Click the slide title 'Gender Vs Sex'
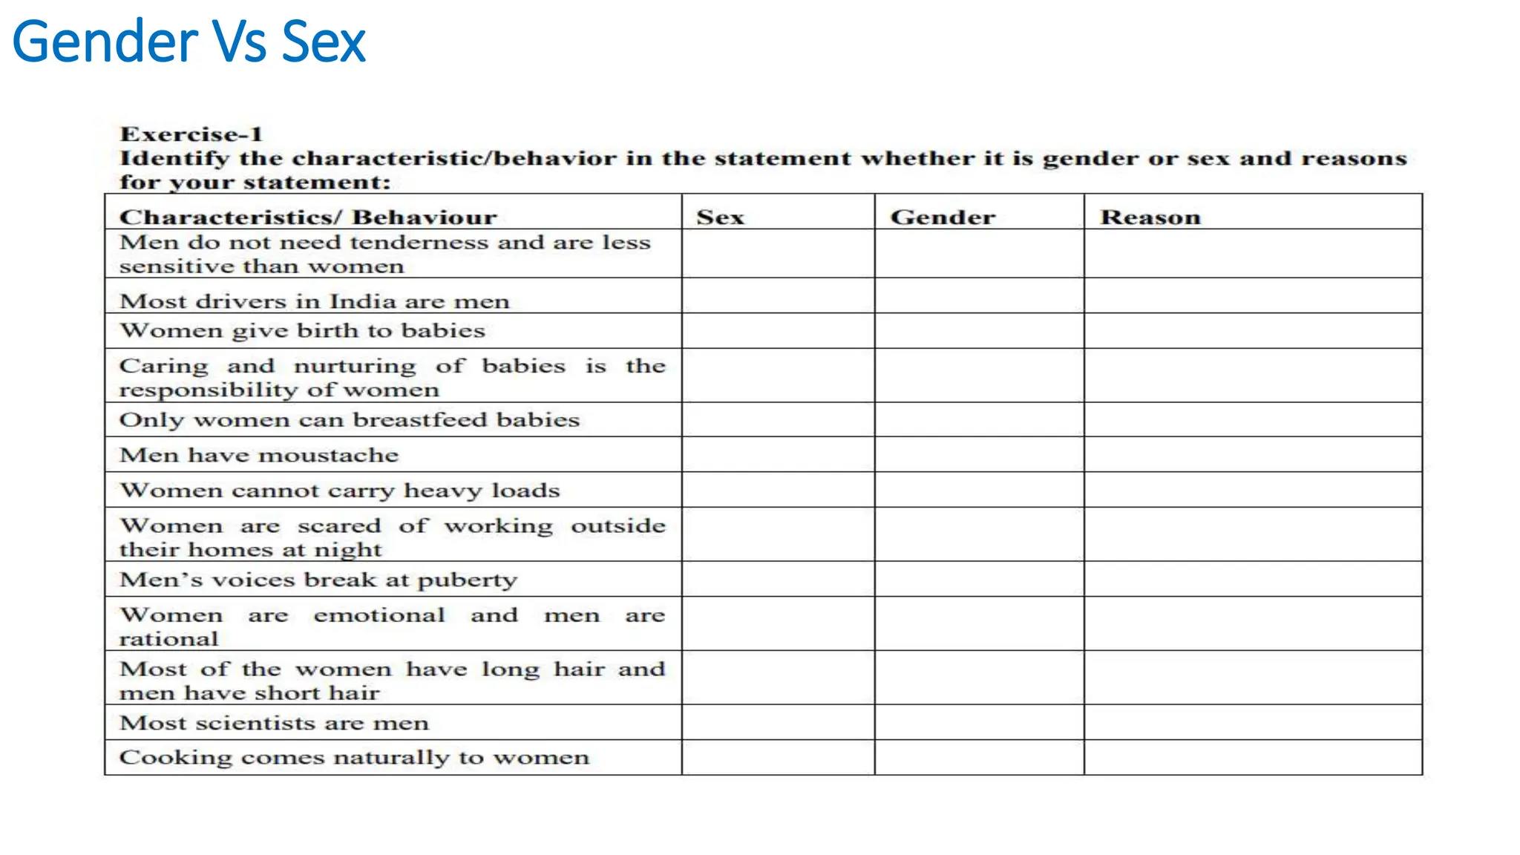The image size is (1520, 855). click(x=189, y=42)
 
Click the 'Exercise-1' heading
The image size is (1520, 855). click(x=191, y=134)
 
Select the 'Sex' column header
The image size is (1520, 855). click(x=720, y=217)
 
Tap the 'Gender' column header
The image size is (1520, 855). click(x=943, y=217)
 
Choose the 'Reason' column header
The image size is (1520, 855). click(x=1150, y=217)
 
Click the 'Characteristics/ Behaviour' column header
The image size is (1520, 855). click(x=308, y=217)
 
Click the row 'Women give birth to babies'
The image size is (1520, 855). click(x=302, y=330)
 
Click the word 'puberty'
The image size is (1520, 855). click(x=467, y=580)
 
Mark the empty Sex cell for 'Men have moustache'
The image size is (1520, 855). click(x=778, y=454)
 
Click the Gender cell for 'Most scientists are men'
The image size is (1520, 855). click(x=979, y=722)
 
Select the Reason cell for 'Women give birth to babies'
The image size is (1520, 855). click(x=1253, y=330)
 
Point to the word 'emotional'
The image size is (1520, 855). click(x=379, y=615)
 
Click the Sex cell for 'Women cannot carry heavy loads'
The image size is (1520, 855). click(x=778, y=490)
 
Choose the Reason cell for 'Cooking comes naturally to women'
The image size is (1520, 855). click(x=1253, y=757)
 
